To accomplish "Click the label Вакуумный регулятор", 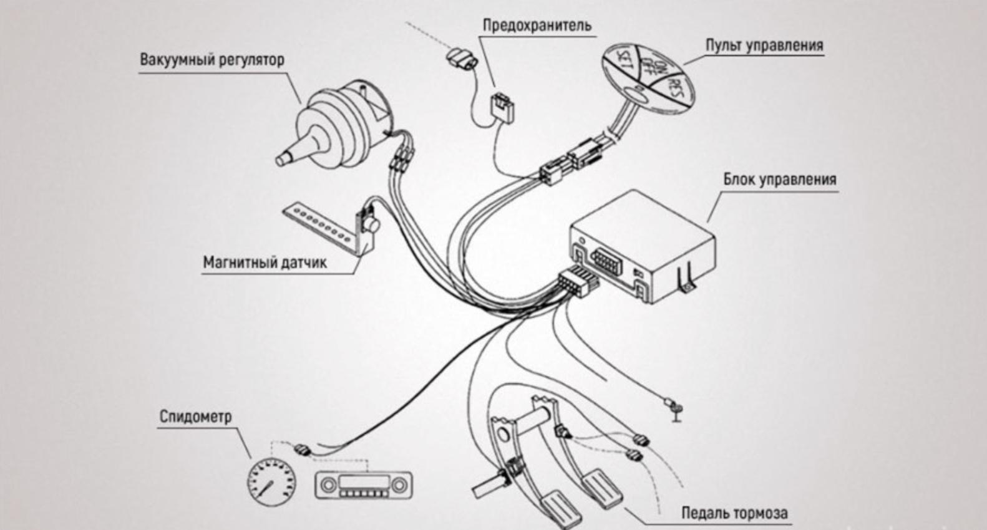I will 211,60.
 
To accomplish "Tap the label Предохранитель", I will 537,26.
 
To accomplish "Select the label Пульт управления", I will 764,46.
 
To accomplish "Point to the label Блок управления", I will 779,180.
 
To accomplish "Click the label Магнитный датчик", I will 265,263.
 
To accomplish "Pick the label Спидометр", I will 195,416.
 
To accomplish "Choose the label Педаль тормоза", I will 734,513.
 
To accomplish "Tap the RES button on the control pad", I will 674,91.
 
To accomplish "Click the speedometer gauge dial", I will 272,481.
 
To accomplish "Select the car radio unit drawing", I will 363,485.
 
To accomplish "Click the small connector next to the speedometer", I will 302,448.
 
